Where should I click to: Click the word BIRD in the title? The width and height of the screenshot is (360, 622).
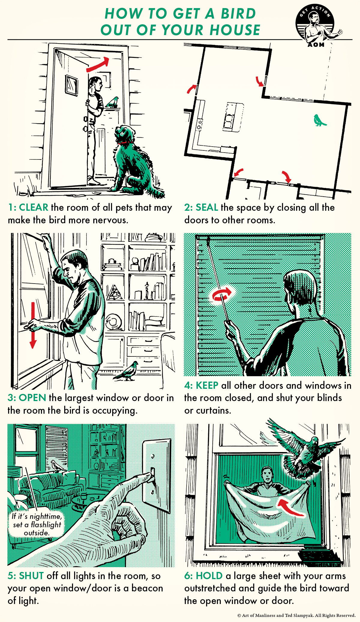click(x=238, y=14)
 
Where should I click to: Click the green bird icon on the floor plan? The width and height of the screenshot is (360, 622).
click(x=319, y=120)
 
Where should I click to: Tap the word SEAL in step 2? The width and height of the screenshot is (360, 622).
click(x=207, y=207)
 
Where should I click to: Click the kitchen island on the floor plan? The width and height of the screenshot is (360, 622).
click(x=233, y=117)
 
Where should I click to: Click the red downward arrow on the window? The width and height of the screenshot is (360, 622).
click(x=33, y=325)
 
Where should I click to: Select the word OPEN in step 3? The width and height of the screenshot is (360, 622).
click(x=32, y=398)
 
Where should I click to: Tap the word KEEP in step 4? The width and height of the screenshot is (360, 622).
click(x=207, y=385)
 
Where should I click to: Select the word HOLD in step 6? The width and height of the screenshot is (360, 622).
click(x=209, y=576)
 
